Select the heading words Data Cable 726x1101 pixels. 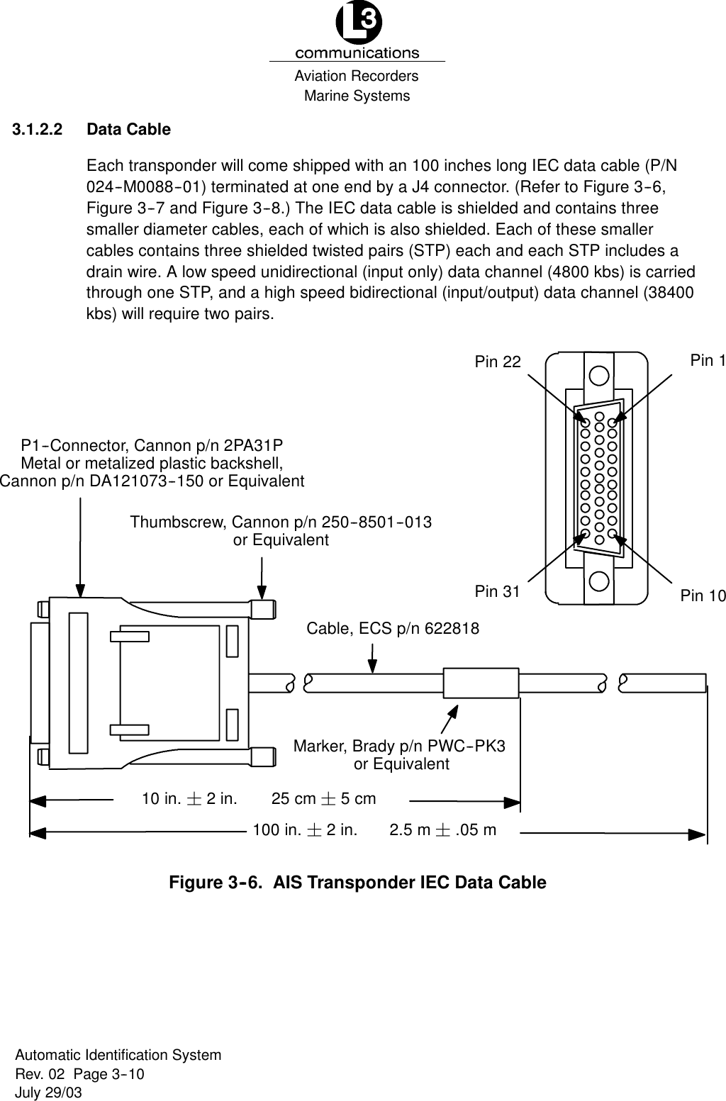click(128, 130)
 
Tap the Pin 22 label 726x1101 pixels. click(497, 362)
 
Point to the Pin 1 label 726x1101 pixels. click(707, 360)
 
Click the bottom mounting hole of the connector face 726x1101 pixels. click(599, 581)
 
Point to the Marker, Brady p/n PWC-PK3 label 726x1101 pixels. click(399, 746)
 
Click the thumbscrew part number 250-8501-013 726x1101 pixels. click(377, 522)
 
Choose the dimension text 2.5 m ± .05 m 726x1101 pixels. click(443, 829)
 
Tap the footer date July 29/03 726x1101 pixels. click(48, 1092)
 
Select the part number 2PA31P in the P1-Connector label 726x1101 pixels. click(253, 445)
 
